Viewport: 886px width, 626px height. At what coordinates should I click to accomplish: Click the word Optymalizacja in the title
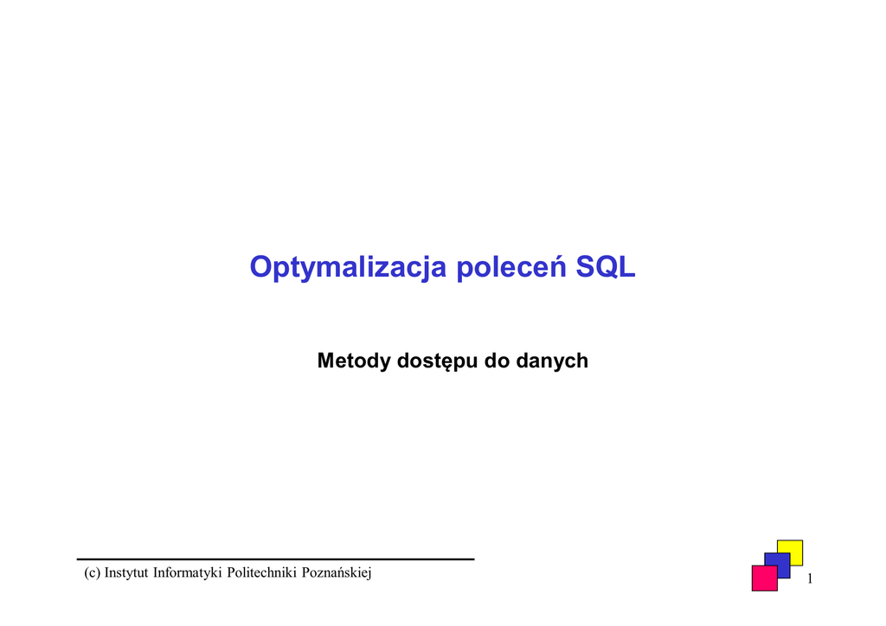coord(348,267)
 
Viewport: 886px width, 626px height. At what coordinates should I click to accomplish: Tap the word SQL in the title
coord(605,267)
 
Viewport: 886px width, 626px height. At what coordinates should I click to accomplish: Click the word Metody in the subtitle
coord(354,361)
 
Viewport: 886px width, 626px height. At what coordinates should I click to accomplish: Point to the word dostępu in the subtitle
coord(437,361)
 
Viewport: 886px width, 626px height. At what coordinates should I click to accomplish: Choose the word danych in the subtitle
coord(552,361)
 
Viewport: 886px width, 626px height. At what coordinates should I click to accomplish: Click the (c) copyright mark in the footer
coord(92,573)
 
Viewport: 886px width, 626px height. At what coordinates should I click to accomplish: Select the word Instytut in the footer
coord(126,572)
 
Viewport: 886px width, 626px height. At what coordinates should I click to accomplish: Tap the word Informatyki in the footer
coord(188,573)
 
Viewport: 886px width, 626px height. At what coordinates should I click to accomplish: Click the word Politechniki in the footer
coord(261,572)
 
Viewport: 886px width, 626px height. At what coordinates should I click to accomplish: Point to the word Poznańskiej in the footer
coord(337,573)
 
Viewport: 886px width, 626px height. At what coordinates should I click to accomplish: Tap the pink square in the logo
coord(765,578)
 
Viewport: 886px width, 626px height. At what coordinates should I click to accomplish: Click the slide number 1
coord(810,578)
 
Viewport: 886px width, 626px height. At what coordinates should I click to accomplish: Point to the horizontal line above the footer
coord(276,559)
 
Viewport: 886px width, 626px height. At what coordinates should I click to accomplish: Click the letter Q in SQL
coord(607,267)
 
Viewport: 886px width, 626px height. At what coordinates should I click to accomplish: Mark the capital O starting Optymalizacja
coord(262,267)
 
